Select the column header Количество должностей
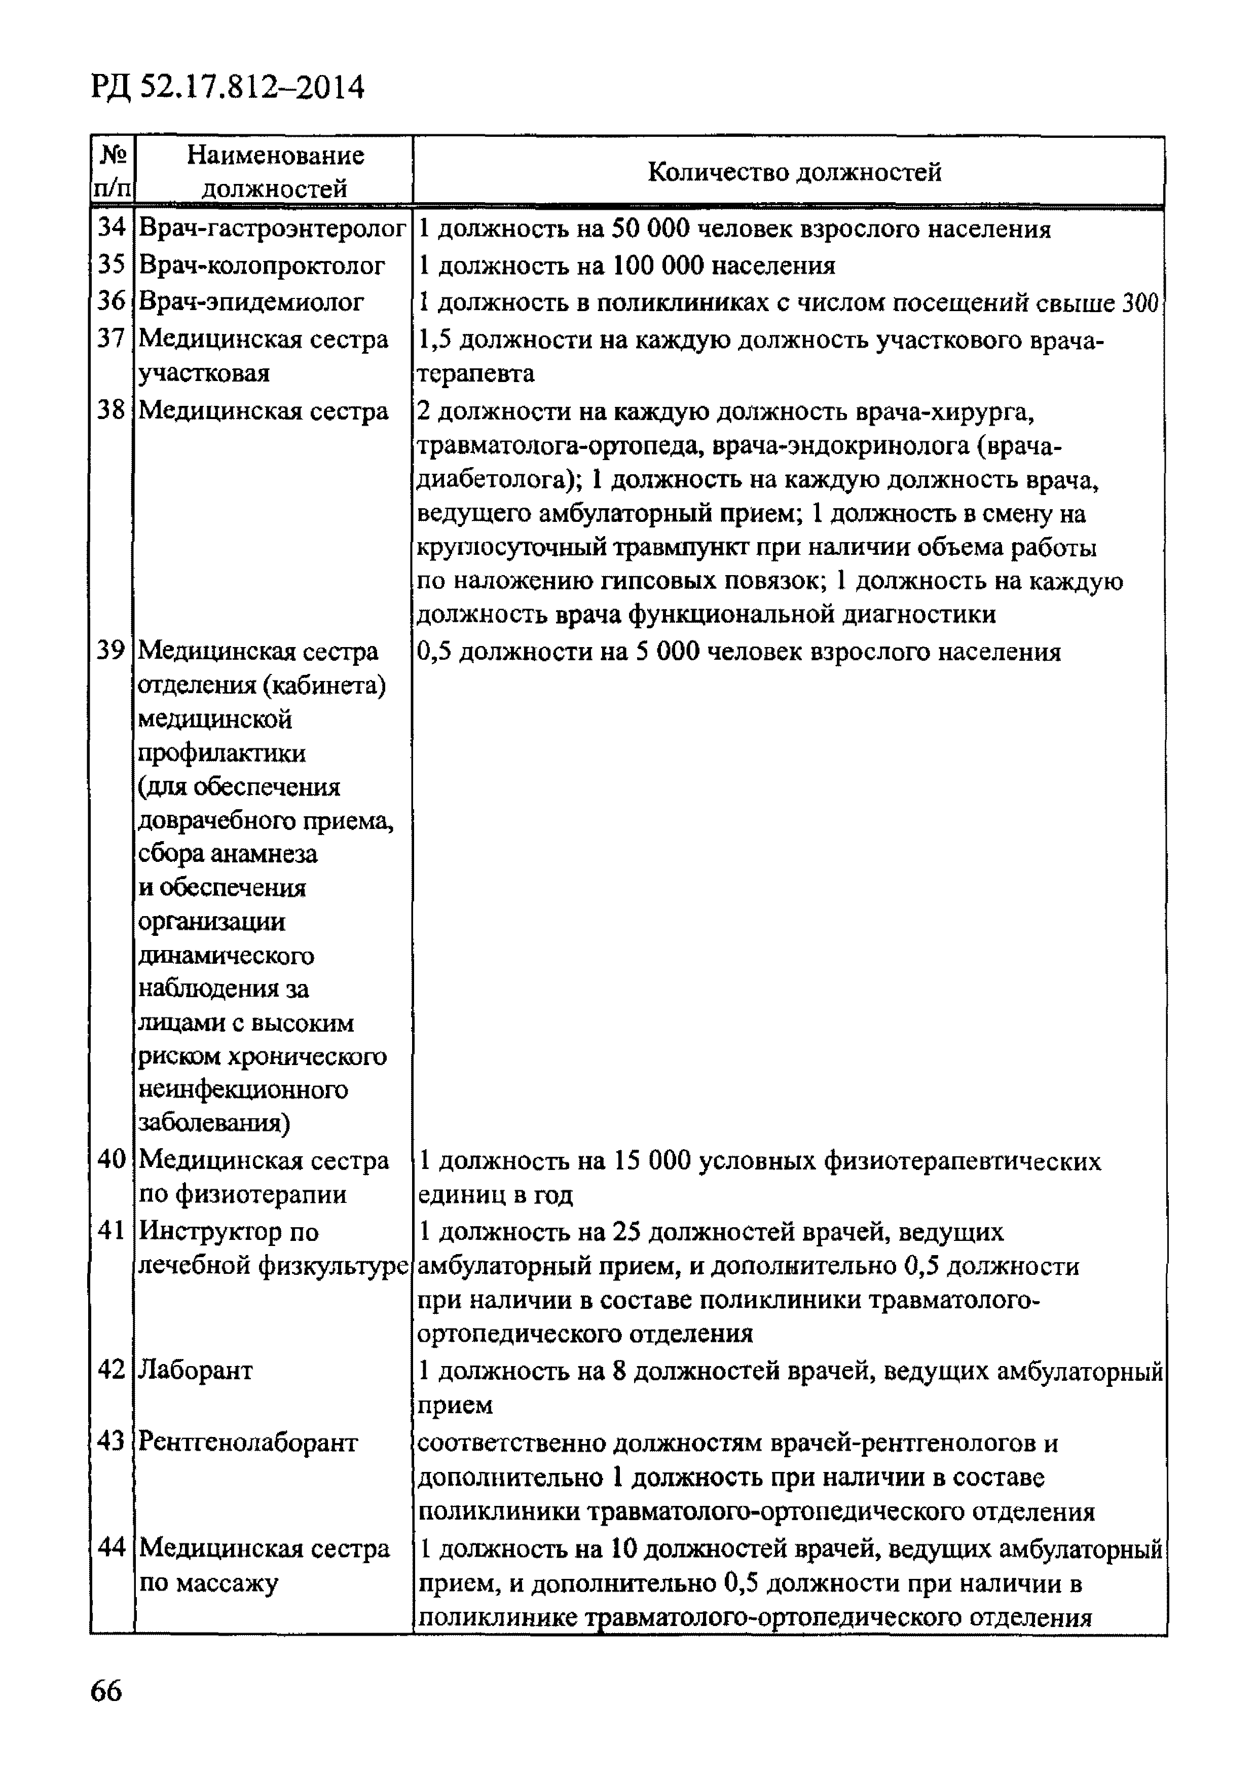(794, 172)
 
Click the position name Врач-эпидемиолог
(251, 302)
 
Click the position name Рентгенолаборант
(248, 1443)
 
